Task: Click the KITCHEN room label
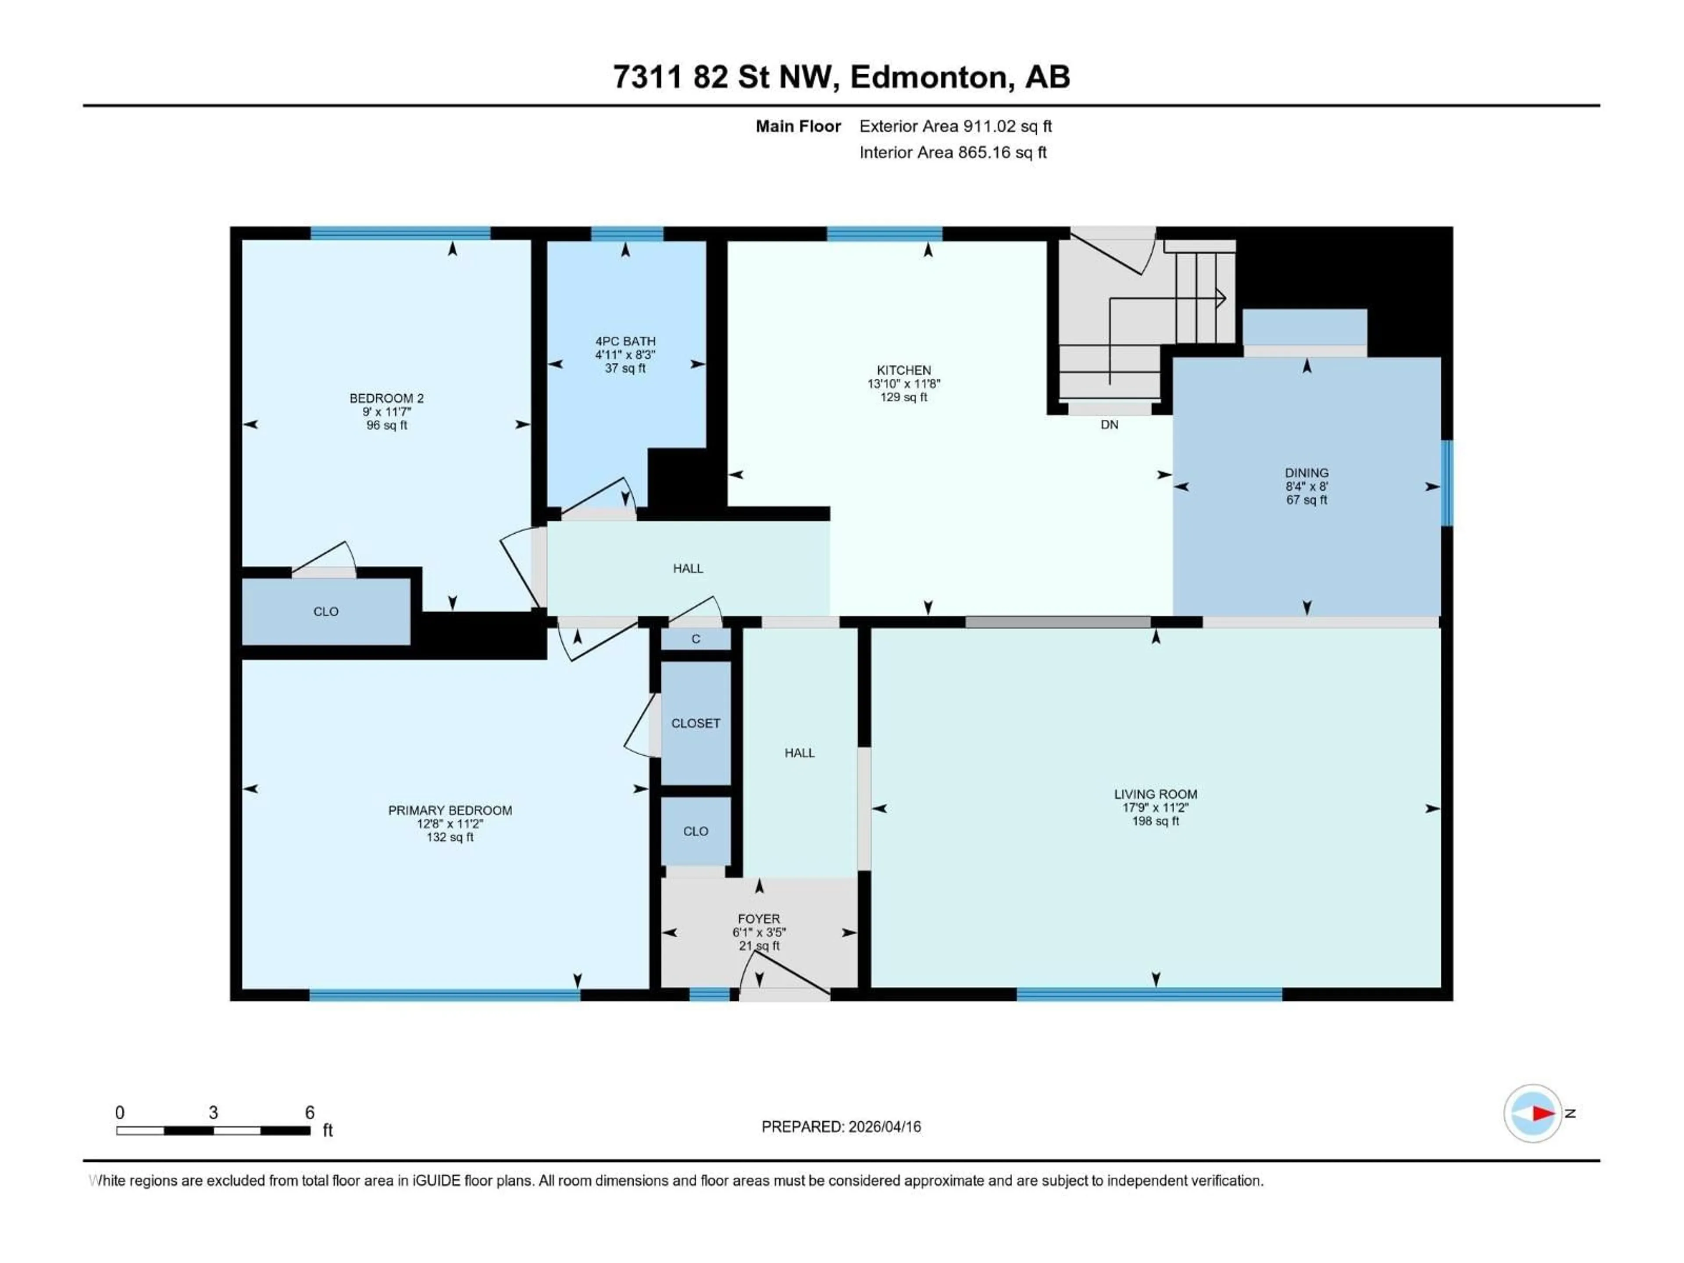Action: tap(904, 370)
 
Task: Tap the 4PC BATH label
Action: tap(625, 341)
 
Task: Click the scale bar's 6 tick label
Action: tap(309, 1112)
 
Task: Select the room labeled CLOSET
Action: tap(695, 723)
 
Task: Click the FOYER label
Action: tap(758, 919)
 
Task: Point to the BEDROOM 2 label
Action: tap(386, 398)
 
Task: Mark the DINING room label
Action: tap(1306, 473)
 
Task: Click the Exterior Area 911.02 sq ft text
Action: tap(956, 126)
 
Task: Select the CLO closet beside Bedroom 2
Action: tap(326, 611)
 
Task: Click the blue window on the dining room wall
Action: tap(1446, 483)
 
